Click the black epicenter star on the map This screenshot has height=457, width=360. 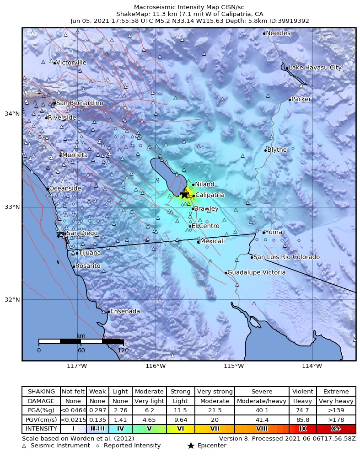(184, 194)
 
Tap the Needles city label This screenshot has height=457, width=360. (278, 33)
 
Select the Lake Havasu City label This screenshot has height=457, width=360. (315, 68)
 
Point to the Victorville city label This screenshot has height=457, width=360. (71, 63)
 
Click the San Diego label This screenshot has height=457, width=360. (82, 233)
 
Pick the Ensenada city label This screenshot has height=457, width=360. (125, 311)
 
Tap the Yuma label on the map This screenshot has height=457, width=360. (274, 232)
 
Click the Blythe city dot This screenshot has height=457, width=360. (265, 150)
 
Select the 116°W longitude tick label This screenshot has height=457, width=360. (155, 366)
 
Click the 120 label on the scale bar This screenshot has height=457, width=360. (123, 351)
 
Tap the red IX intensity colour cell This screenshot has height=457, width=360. (302, 429)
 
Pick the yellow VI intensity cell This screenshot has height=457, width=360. (180, 429)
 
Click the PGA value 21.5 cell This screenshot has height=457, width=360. (215, 410)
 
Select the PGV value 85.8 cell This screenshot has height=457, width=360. (302, 420)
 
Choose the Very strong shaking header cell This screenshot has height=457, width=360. (215, 392)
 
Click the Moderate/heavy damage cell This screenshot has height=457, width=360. (262, 401)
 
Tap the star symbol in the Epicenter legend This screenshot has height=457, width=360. (191, 446)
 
